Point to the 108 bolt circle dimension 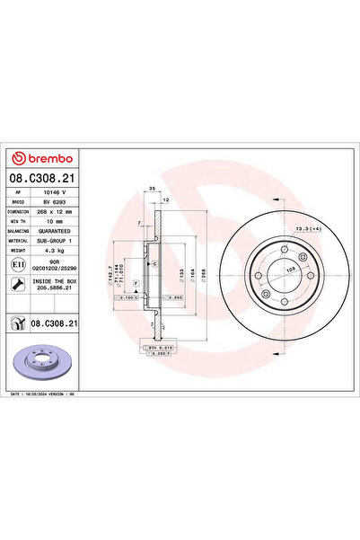(x=289, y=267)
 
